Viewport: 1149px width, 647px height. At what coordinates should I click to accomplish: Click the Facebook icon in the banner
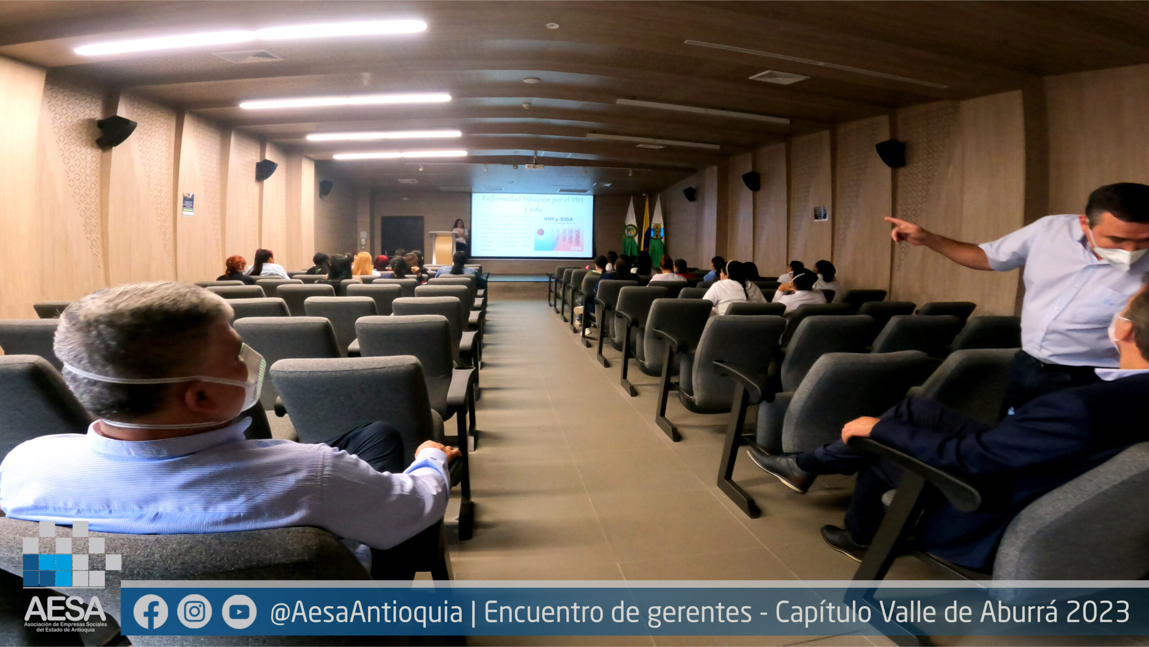[150, 612]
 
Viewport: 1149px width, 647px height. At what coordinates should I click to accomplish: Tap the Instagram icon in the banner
[194, 612]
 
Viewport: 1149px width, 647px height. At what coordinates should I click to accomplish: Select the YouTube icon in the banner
[239, 612]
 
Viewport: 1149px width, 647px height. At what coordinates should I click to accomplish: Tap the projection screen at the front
[532, 225]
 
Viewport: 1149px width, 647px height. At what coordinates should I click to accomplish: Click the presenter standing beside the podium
[460, 234]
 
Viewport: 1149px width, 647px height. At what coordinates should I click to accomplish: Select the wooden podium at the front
[443, 247]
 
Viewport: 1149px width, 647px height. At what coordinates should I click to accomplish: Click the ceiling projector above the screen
[535, 165]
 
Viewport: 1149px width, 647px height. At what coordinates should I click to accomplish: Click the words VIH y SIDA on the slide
[558, 219]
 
